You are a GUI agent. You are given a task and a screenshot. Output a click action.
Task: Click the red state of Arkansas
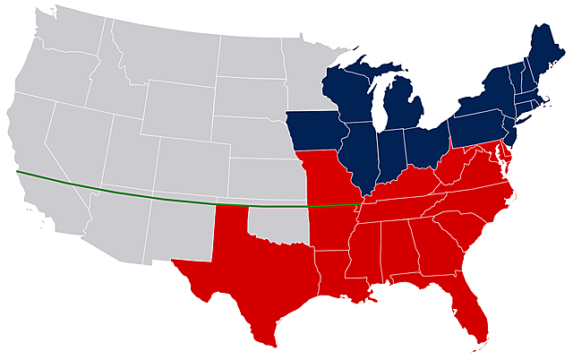(331, 228)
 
